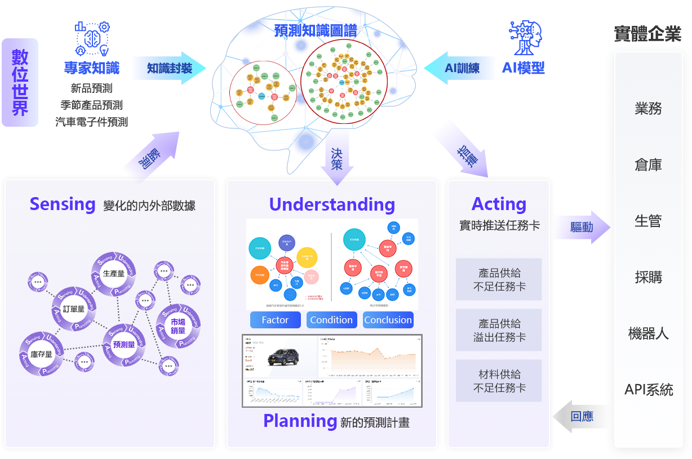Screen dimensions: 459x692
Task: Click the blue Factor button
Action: click(x=275, y=320)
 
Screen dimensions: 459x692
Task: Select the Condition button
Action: click(x=331, y=320)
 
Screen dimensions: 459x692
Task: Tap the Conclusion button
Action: click(x=388, y=320)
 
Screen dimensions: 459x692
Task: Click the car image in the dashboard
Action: click(x=283, y=356)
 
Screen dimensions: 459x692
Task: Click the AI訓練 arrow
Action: click(x=457, y=68)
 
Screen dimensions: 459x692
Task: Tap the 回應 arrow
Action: click(x=581, y=417)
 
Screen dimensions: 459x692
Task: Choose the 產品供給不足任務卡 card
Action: click(x=499, y=279)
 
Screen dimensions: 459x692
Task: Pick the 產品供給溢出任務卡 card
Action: click(x=499, y=330)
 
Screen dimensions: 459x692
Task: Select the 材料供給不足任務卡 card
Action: click(x=499, y=381)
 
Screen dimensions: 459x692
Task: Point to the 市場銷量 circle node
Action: click(x=178, y=326)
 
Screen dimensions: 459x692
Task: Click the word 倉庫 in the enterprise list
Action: click(x=648, y=165)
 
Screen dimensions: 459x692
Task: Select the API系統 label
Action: click(x=648, y=390)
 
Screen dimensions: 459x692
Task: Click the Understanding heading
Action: click(x=332, y=204)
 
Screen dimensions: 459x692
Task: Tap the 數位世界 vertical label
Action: click(x=20, y=82)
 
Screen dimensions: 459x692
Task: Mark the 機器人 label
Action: click(x=648, y=333)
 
